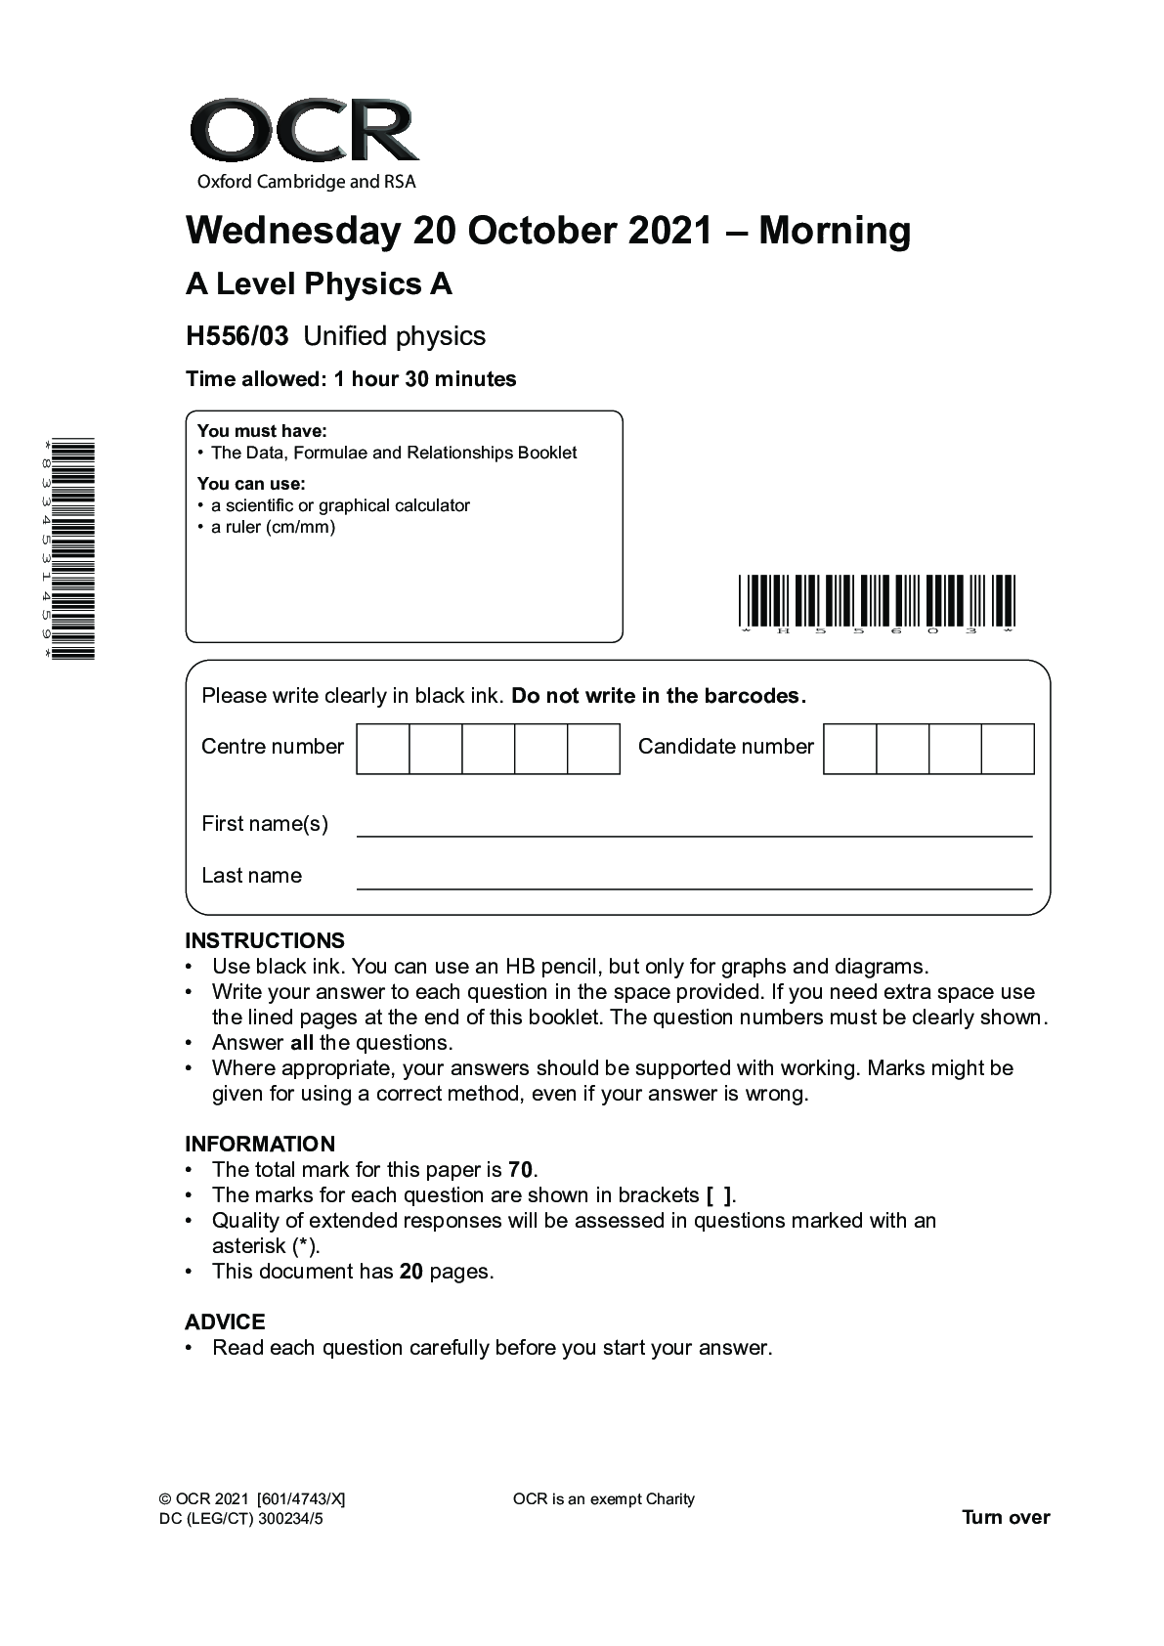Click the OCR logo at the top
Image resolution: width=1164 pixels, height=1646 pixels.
click(304, 143)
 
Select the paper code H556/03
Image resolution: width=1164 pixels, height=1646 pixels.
click(237, 336)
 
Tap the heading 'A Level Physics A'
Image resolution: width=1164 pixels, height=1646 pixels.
click(319, 284)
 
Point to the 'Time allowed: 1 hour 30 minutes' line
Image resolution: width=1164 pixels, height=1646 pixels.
click(351, 379)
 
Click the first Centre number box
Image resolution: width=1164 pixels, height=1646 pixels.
click(382, 749)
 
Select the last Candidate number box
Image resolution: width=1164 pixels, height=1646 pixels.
click(1008, 749)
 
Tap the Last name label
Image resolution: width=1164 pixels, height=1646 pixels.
click(251, 876)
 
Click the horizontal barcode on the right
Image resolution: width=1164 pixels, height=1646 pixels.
click(877, 600)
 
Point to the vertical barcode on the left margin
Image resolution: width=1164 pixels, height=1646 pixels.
click(72, 549)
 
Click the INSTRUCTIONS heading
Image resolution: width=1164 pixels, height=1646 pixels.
click(265, 940)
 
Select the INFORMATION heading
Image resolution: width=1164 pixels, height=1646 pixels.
click(260, 1144)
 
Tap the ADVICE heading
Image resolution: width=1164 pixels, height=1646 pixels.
click(225, 1321)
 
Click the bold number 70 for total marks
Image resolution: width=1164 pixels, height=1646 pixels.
click(521, 1170)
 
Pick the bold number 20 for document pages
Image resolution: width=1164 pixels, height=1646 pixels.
click(411, 1272)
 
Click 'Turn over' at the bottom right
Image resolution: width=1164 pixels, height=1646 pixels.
click(1006, 1517)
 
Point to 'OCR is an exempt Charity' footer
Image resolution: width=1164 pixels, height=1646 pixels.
click(603, 1499)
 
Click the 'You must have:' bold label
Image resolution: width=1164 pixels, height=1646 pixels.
click(262, 431)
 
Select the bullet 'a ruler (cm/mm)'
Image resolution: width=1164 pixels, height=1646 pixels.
click(273, 528)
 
